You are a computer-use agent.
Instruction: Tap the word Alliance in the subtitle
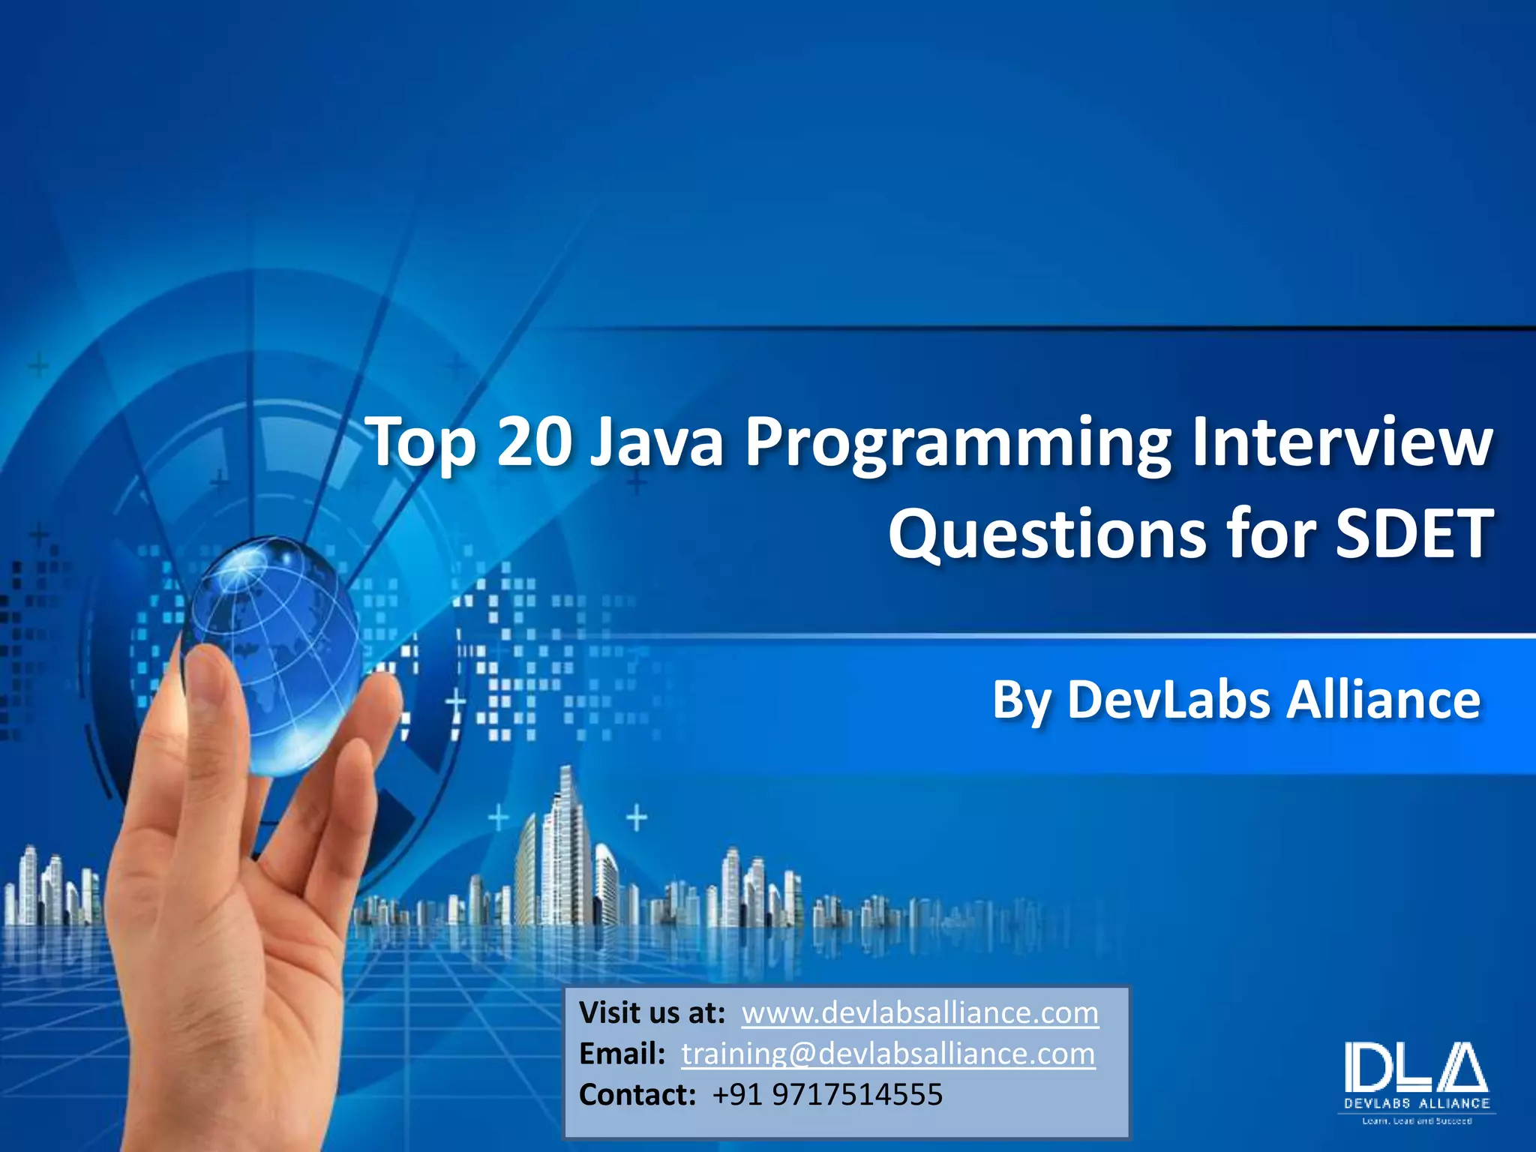point(1384,700)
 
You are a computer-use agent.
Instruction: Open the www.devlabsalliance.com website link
point(920,1013)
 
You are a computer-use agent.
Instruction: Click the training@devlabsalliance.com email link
point(888,1054)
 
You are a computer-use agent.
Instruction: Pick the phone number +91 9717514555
point(827,1095)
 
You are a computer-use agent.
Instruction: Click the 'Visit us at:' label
point(652,1013)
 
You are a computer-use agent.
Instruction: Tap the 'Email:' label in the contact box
point(622,1054)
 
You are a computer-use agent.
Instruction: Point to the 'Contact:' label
point(637,1095)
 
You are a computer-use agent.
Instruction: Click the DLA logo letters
point(1416,1066)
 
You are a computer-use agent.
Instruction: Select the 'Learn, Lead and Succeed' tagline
point(1417,1121)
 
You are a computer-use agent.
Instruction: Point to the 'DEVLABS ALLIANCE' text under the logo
point(1417,1103)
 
